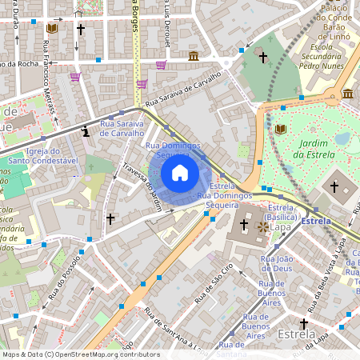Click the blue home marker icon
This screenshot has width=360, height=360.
180,173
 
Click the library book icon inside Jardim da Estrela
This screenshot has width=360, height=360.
279,129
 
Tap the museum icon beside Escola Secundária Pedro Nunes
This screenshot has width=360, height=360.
347,94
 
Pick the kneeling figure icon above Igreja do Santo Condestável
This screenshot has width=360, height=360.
85,130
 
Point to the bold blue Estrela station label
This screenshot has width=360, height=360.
317,219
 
